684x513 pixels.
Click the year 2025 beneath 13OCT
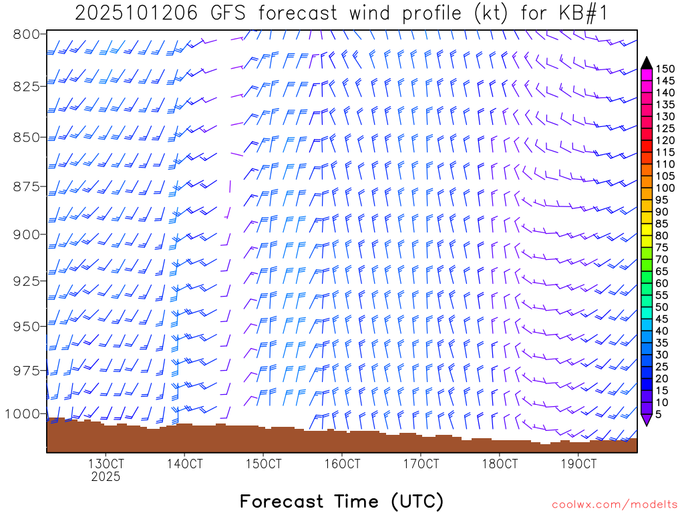106,477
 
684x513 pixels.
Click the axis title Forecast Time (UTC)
341,501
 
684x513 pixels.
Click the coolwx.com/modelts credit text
615,504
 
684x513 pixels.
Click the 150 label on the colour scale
665,69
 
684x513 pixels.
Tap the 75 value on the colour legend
663,247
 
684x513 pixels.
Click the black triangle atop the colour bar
646,62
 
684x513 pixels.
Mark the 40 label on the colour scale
663,331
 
